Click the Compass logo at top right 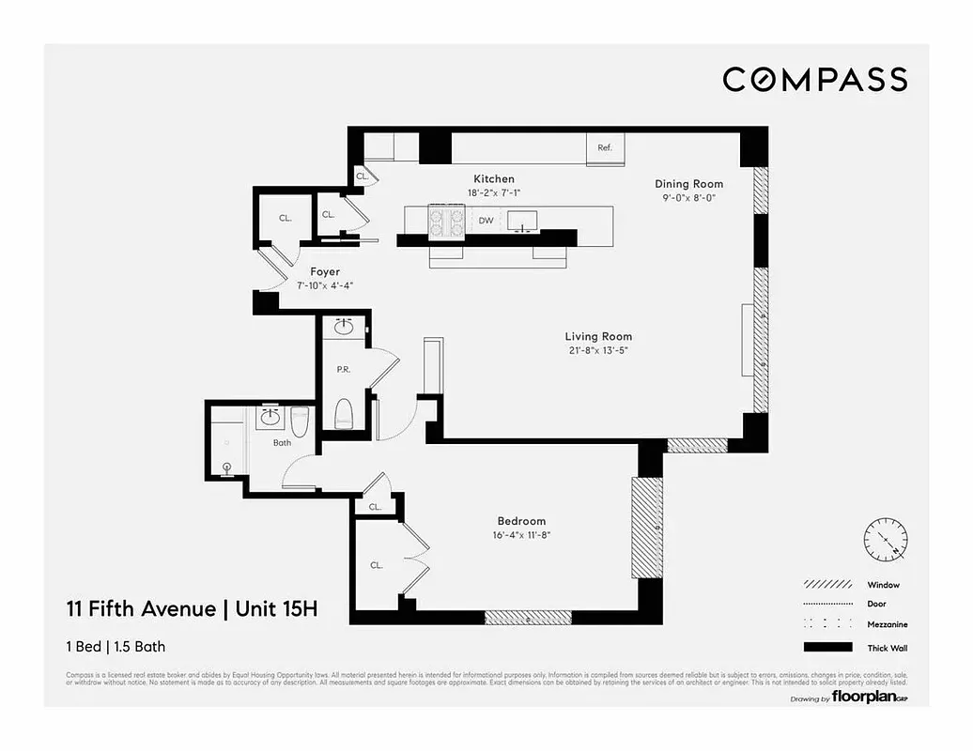pyautogui.click(x=814, y=80)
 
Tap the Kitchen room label pyautogui.click(x=493, y=178)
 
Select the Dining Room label pyautogui.click(x=689, y=184)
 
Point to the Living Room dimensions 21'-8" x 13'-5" pyautogui.click(x=597, y=351)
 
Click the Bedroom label pyautogui.click(x=521, y=521)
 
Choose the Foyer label pyautogui.click(x=325, y=271)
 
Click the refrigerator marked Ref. pyautogui.click(x=605, y=148)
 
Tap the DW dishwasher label pyautogui.click(x=486, y=222)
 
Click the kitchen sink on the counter pyautogui.click(x=520, y=220)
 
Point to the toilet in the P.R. pyautogui.click(x=343, y=413)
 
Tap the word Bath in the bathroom pyautogui.click(x=282, y=442)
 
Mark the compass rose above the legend pyautogui.click(x=885, y=540)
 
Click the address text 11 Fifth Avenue pyautogui.click(x=140, y=609)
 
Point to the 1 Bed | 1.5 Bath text pyautogui.click(x=116, y=646)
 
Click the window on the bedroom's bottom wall pyautogui.click(x=528, y=617)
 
